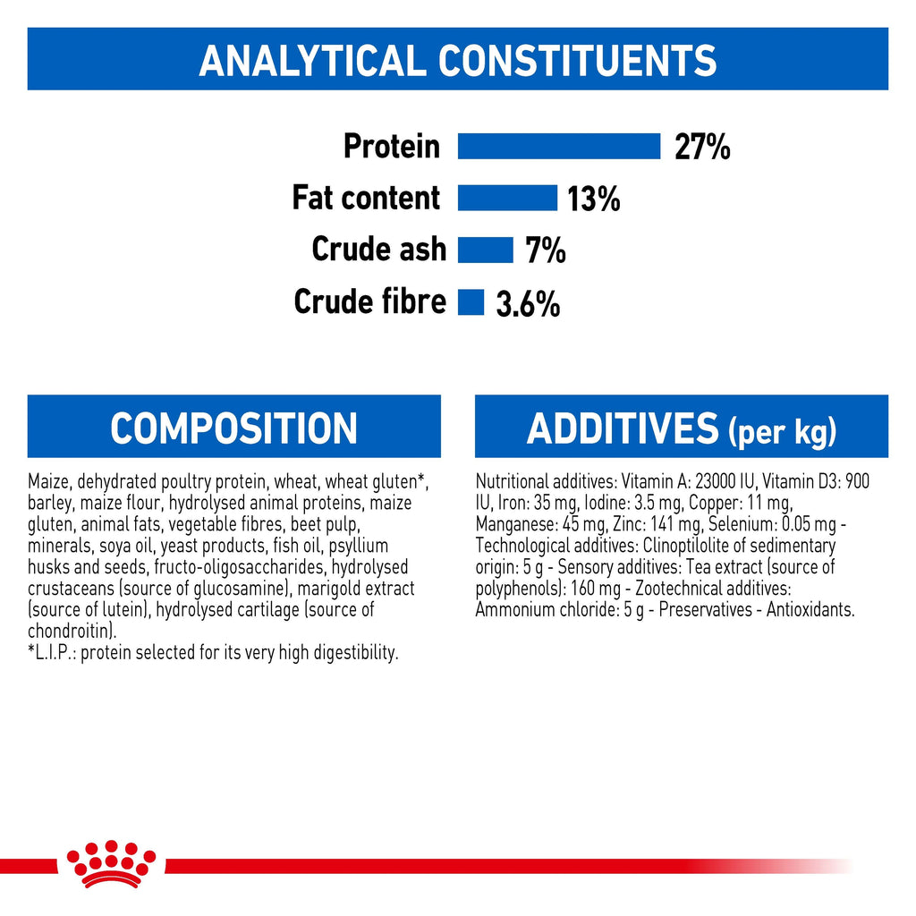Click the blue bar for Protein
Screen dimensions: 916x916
coord(559,146)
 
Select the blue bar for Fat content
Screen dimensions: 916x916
coord(508,198)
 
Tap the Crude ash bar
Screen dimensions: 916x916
coord(486,250)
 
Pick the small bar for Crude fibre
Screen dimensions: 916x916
coord(471,302)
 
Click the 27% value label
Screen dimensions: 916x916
coord(702,147)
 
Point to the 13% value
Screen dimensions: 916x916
coord(594,199)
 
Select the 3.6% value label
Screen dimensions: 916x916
coord(528,304)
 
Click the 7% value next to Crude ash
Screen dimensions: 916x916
coord(546,250)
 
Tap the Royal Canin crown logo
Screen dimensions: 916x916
coord(111,864)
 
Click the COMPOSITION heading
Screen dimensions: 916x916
coord(233,428)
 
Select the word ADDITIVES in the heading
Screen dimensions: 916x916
coord(623,428)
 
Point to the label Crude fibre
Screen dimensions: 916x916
coord(369,301)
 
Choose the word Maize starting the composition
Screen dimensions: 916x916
coord(49,481)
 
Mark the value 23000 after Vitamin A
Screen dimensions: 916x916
coord(715,481)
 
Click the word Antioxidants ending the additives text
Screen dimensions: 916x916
coord(810,610)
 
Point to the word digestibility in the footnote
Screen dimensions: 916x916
coord(356,653)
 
